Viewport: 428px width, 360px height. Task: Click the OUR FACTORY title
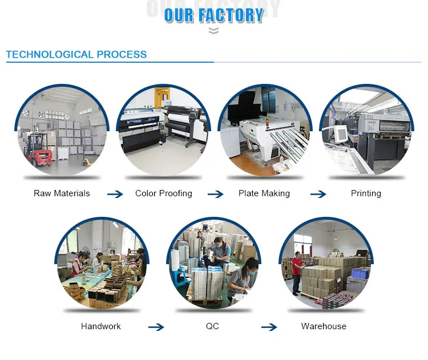click(x=214, y=15)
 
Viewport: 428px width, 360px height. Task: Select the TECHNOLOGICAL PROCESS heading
click(x=76, y=55)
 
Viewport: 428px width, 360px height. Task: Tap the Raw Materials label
click(x=62, y=193)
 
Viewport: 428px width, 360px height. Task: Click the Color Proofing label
click(x=164, y=193)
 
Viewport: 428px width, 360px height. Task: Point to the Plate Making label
click(x=264, y=193)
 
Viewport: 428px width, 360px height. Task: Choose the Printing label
click(x=366, y=193)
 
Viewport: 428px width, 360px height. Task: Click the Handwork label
click(x=101, y=326)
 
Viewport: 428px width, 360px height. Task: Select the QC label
click(x=212, y=326)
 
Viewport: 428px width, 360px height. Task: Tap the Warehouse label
click(x=324, y=326)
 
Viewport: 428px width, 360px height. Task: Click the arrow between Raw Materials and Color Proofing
click(x=115, y=195)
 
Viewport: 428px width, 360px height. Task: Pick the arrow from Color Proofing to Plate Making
click(x=216, y=195)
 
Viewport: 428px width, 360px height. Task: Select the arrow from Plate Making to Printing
click(x=318, y=195)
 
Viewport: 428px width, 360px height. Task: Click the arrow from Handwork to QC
click(x=156, y=327)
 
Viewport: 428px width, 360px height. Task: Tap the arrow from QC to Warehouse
click(x=269, y=327)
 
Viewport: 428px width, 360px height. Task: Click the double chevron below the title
click(x=213, y=31)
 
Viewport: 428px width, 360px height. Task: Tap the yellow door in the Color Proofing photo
click(x=163, y=96)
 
